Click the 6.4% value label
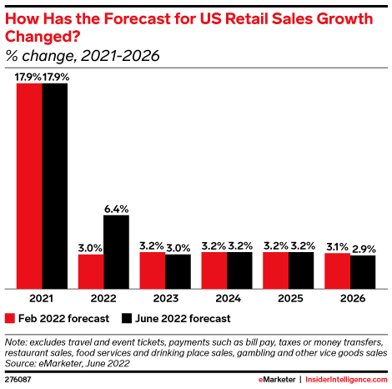(116, 209)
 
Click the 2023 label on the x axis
(165, 298)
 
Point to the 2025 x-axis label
(289, 298)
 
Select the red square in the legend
(10, 318)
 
